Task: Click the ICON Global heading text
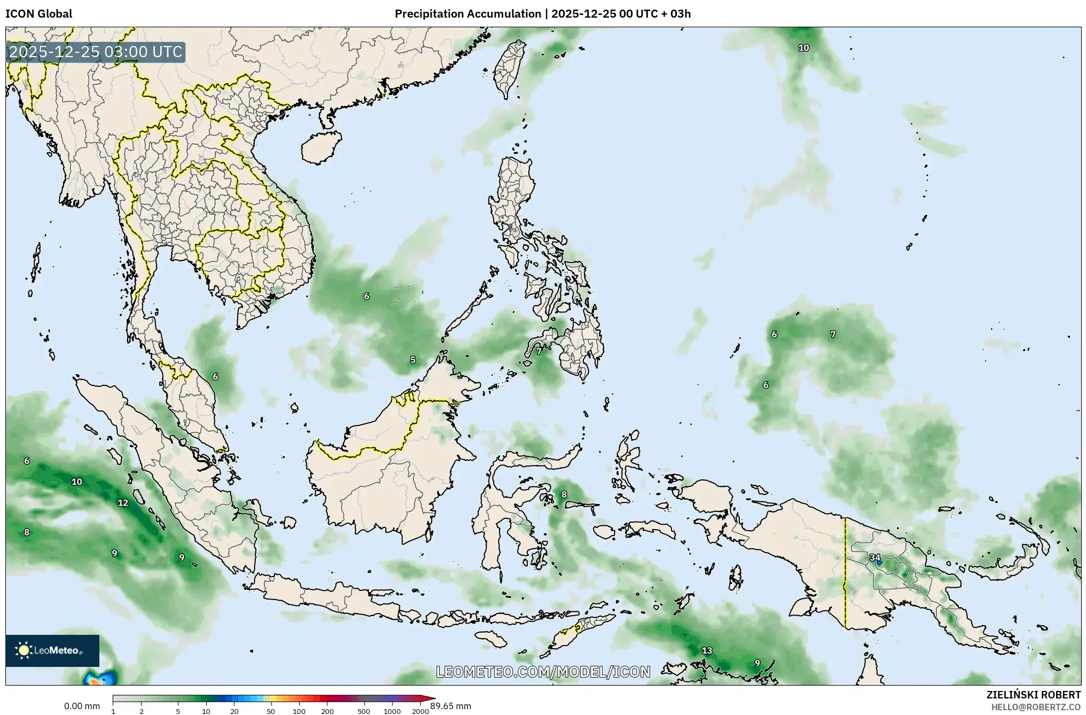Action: click(38, 14)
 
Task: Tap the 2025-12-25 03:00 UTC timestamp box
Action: click(96, 52)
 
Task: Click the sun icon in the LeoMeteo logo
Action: click(24, 650)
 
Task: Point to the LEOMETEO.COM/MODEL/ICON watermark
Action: click(543, 672)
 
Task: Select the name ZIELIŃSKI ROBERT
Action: click(1033, 695)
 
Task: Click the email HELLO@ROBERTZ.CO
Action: click(1036, 707)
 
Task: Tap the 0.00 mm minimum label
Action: click(82, 706)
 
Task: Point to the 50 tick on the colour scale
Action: click(271, 711)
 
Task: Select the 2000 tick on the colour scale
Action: click(420, 711)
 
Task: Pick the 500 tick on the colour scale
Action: click(364, 711)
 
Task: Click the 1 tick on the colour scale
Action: click(113, 711)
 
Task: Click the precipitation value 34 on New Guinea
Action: click(874, 557)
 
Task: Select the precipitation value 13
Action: click(707, 650)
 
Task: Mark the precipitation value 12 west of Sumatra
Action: click(123, 502)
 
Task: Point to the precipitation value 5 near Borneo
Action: click(412, 360)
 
